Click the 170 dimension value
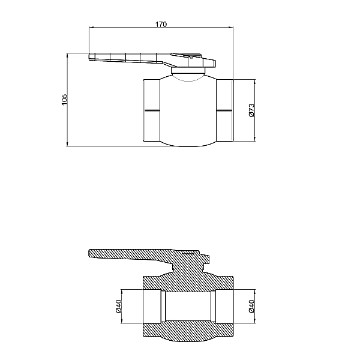pyautogui.click(x=161, y=24)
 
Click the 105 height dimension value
pyautogui.click(x=65, y=100)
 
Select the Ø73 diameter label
pyautogui.click(x=251, y=110)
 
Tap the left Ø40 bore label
pyautogui.click(x=118, y=306)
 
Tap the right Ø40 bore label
pyautogui.click(x=251, y=306)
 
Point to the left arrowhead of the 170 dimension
pyautogui.click(x=92, y=28)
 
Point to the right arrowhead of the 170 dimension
pyautogui.click(x=230, y=28)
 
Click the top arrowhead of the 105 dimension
pyautogui.click(x=67, y=56)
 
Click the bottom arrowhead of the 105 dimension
pyautogui.click(x=67, y=144)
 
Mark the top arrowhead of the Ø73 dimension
pyautogui.click(x=254, y=82)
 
